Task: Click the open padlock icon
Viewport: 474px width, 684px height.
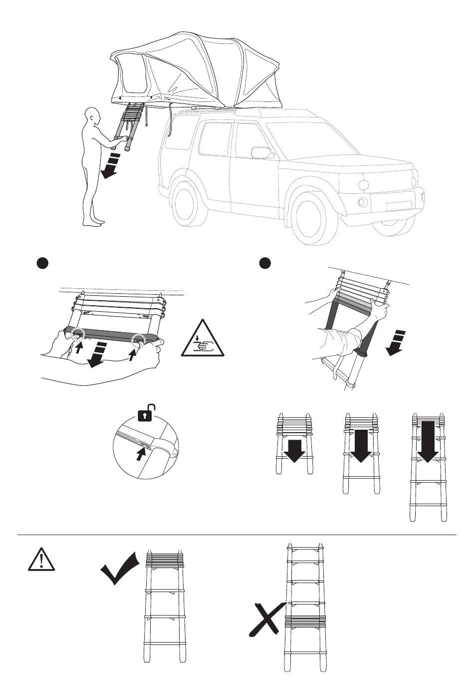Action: click(x=145, y=413)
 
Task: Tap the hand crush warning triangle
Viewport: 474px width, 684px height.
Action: click(x=203, y=340)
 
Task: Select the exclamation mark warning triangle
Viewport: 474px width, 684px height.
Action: click(x=40, y=559)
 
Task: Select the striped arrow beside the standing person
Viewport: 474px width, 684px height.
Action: click(x=111, y=166)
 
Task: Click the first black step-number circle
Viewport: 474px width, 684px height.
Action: click(x=42, y=264)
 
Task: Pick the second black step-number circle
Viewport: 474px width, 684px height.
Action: click(x=265, y=263)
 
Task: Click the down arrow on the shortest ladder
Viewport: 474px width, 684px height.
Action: click(x=295, y=449)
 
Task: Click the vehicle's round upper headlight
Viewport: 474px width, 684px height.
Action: click(x=363, y=184)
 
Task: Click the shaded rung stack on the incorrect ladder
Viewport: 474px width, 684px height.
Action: click(x=305, y=621)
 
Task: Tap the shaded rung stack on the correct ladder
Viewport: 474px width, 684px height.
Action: click(x=165, y=559)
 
